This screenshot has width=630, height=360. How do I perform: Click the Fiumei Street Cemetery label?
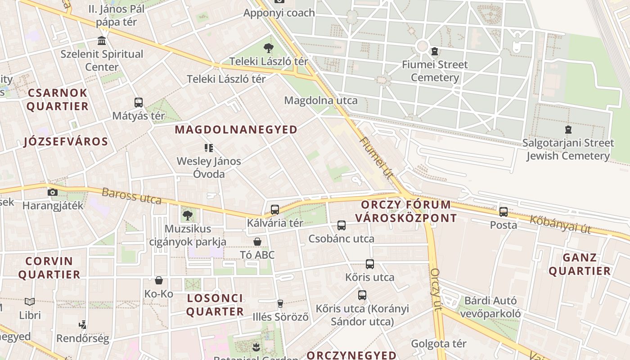click(435, 71)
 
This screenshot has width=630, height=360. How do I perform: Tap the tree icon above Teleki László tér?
click(269, 48)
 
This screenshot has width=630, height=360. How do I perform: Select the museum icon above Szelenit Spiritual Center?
click(102, 41)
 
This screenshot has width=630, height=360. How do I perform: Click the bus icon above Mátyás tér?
click(138, 103)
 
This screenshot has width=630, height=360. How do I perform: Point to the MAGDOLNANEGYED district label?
click(236, 130)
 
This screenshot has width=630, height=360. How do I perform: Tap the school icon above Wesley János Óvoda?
click(208, 148)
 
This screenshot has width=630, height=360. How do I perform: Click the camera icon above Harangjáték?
click(53, 192)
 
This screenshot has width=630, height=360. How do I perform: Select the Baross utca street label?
click(131, 196)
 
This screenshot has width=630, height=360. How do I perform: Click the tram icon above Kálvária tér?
click(274, 209)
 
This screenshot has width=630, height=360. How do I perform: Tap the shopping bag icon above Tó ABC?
click(257, 242)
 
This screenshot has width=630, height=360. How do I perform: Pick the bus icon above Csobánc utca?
click(342, 225)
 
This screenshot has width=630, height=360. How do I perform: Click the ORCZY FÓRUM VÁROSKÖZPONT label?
click(405, 211)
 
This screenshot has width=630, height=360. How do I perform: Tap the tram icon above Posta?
click(503, 211)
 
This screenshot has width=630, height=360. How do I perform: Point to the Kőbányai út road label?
click(560, 224)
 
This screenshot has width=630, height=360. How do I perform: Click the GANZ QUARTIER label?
click(580, 264)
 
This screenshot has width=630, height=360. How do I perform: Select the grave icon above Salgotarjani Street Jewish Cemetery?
click(568, 130)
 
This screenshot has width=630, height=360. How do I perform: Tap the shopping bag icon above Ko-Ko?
click(159, 281)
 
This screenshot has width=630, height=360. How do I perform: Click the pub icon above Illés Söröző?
click(280, 303)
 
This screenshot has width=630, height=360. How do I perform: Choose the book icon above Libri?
click(30, 301)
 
